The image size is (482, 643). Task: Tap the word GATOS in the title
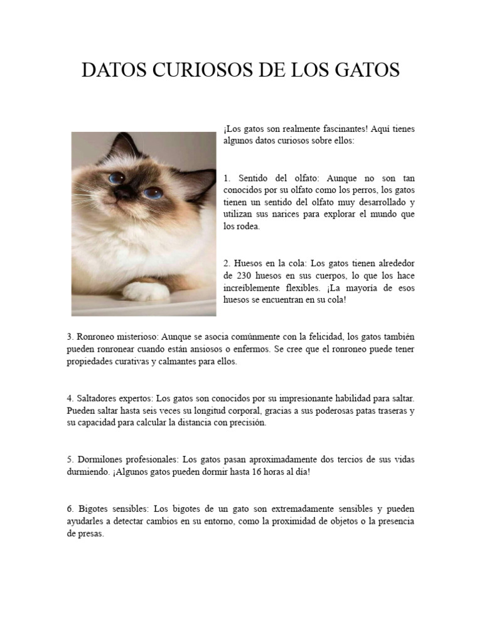pyautogui.click(x=365, y=70)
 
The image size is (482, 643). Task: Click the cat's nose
pyautogui.click(x=122, y=191)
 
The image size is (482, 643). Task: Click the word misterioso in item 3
pyautogui.click(x=138, y=337)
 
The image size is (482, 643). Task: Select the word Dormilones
pyautogui.click(x=100, y=460)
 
